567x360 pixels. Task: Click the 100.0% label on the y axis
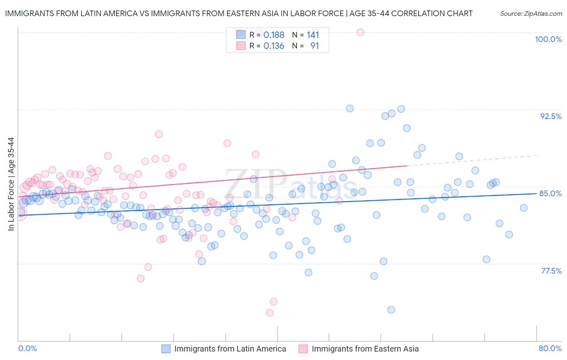[548, 39]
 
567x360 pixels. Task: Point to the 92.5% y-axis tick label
[551, 116]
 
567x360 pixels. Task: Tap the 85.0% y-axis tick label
[550, 193]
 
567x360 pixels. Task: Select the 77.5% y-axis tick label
[551, 271]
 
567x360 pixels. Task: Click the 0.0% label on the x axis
[27, 348]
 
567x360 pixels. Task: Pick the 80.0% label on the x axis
[550, 348]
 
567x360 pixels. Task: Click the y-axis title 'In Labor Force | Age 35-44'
[11, 184]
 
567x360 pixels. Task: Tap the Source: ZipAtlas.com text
[531, 13]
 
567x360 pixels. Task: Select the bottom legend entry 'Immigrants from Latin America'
[230, 349]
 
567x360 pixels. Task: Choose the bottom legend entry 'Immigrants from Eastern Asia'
[365, 349]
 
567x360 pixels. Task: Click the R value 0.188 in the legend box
[274, 35]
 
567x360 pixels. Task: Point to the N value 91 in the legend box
[315, 46]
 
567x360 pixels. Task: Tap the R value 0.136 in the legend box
[274, 46]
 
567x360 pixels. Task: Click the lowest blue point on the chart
[391, 310]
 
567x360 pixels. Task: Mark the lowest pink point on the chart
[270, 313]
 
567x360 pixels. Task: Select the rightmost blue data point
[523, 208]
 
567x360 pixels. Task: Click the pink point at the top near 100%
[361, 32]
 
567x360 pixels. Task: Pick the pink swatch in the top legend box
[241, 46]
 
